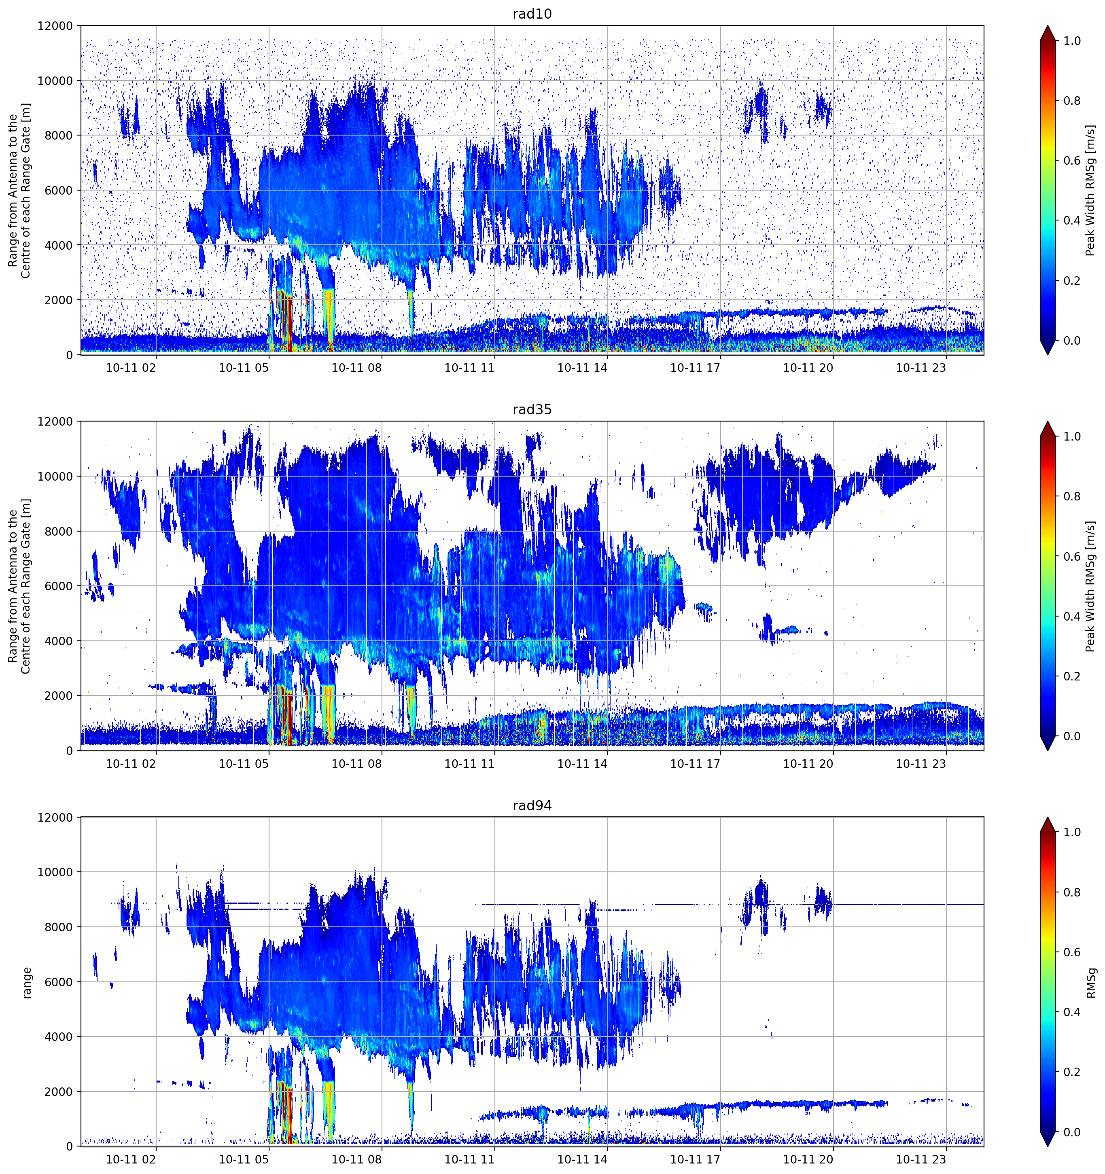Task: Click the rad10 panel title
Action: click(x=532, y=14)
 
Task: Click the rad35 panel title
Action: click(x=532, y=409)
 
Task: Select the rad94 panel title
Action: click(x=532, y=805)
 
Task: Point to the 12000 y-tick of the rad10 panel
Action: click(x=55, y=26)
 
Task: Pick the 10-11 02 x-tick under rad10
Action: click(x=131, y=368)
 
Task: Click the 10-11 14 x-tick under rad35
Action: click(x=582, y=763)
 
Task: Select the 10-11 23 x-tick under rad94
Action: click(x=921, y=1159)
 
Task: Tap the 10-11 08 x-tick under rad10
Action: click(x=357, y=368)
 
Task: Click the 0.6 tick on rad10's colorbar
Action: click(x=1072, y=161)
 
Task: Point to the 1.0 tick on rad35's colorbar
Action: click(x=1072, y=437)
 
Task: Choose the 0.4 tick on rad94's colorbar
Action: click(x=1072, y=1012)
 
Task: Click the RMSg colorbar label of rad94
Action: click(x=1091, y=982)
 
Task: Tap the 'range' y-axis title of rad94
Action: click(x=27, y=983)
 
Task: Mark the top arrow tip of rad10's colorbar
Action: click(x=1048, y=26)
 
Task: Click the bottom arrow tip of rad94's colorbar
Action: click(x=1048, y=1146)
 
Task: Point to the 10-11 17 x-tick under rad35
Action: click(x=695, y=763)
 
